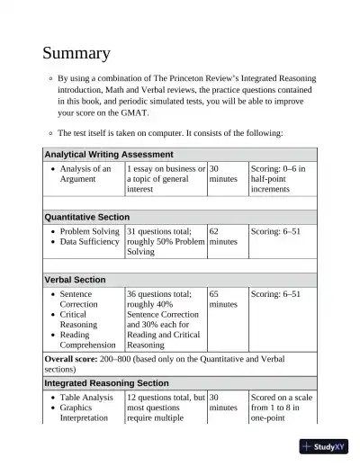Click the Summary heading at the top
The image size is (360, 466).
pyautogui.click(x=76, y=54)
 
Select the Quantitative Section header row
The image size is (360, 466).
pyautogui.click(x=87, y=217)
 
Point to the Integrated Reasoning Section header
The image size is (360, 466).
pyautogui.click(x=106, y=383)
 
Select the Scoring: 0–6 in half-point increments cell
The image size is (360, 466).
pyautogui.click(x=278, y=179)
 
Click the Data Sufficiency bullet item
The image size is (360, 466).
pyautogui.click(x=89, y=242)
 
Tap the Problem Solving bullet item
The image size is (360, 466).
pyautogui.click(x=89, y=231)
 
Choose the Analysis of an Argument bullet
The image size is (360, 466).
pyautogui.click(x=85, y=174)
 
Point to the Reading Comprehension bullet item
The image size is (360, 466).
pyautogui.click(x=89, y=339)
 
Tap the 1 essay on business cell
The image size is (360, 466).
pyautogui.click(x=166, y=179)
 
